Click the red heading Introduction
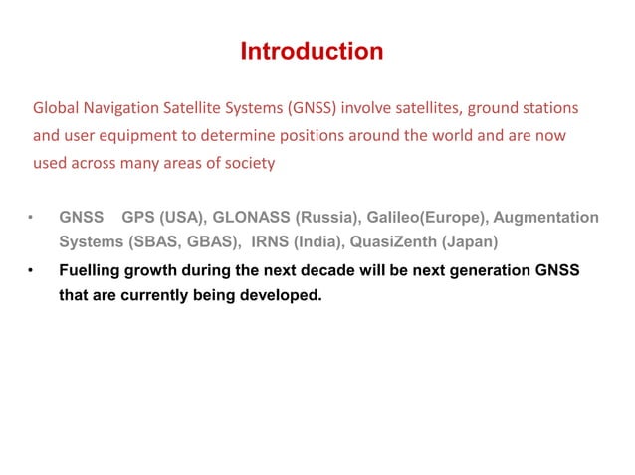pyautogui.click(x=312, y=51)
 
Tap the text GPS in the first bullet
pyautogui.click(x=137, y=218)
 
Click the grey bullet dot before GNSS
pyautogui.click(x=32, y=218)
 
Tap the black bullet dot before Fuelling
pyautogui.click(x=32, y=270)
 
